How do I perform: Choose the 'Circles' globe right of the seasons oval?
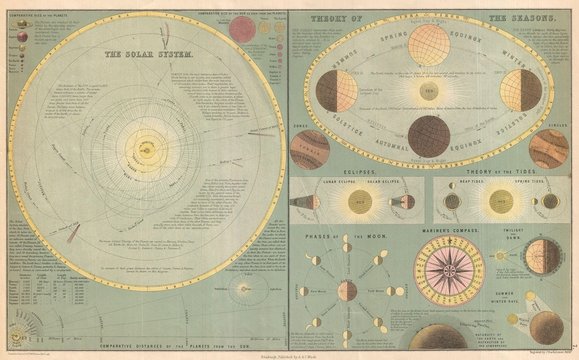(548, 149)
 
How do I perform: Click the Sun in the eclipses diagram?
(359, 201)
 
